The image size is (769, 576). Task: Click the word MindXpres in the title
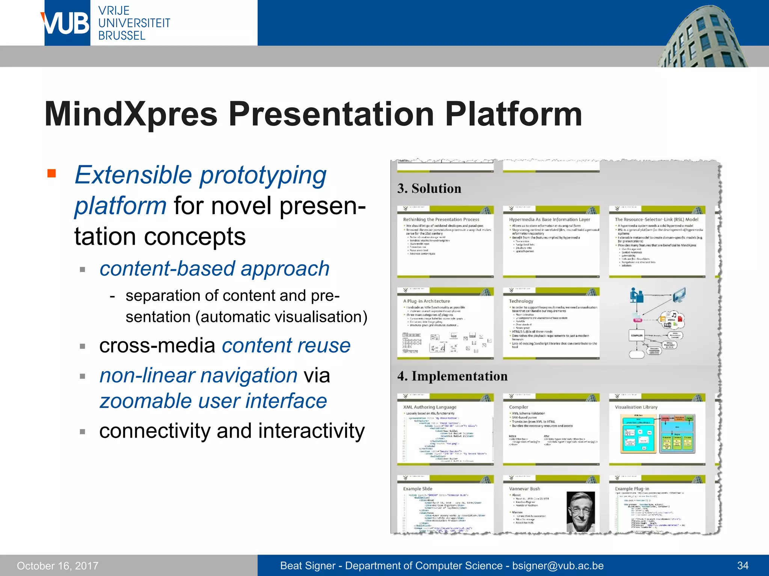pos(131,114)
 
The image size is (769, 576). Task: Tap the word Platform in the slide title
pos(513,114)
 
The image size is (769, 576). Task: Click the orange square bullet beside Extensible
pos(51,173)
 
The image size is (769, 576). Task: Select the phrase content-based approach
pos(214,268)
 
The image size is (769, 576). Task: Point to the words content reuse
pos(286,345)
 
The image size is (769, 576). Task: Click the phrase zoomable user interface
pos(213,401)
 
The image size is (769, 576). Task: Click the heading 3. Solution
pos(429,188)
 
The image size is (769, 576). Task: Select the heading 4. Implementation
pos(452,376)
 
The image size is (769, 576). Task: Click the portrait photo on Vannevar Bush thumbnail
pos(581,511)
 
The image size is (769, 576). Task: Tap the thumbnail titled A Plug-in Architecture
pos(445,323)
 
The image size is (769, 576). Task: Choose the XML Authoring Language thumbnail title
pos(430,407)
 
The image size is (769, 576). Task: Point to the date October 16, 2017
pos(57,565)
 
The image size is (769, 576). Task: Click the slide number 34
pos(743,565)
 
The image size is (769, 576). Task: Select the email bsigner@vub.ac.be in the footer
pos(558,565)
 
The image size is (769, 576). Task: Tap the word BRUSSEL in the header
pos(122,36)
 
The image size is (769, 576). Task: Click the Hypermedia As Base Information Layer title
pos(549,219)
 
